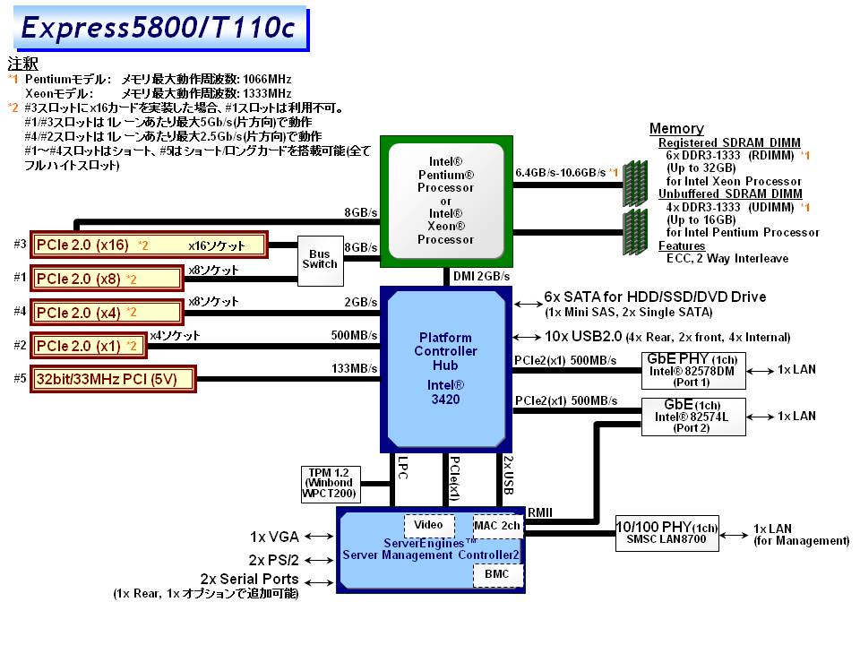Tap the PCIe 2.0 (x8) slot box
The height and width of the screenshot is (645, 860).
point(107,278)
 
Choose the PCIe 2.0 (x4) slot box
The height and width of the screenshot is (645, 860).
point(107,312)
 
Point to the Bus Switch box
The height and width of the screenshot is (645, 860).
point(320,259)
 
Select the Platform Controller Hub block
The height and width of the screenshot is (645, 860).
point(445,368)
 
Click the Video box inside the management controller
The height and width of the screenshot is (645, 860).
point(429,524)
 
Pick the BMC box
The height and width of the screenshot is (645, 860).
point(497,573)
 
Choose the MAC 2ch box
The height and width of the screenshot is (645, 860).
point(497,524)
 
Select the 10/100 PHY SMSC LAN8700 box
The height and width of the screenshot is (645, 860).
point(667,533)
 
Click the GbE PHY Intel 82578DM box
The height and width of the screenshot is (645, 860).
point(691,369)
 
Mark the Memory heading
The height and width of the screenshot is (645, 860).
point(676,129)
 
